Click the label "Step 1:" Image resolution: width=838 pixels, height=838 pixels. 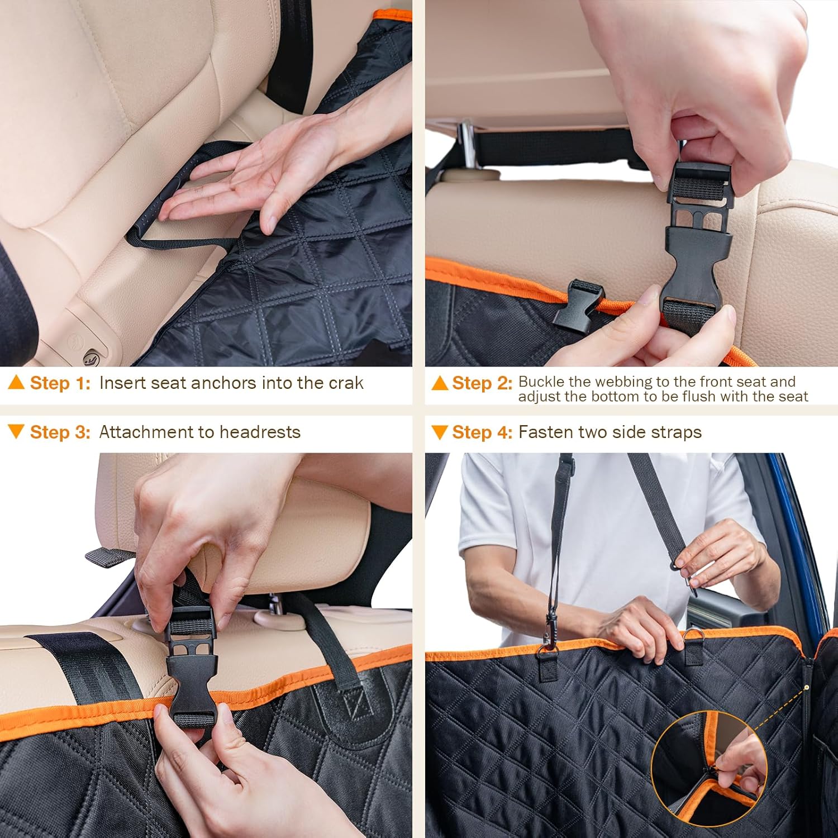[x=60, y=383]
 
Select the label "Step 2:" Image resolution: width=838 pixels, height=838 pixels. [x=482, y=383]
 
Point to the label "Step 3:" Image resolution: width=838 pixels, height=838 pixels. [x=60, y=432]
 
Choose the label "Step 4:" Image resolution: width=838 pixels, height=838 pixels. [x=482, y=432]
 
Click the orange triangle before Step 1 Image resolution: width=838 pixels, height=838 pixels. [x=16, y=383]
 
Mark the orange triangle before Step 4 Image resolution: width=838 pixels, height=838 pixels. [x=440, y=432]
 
